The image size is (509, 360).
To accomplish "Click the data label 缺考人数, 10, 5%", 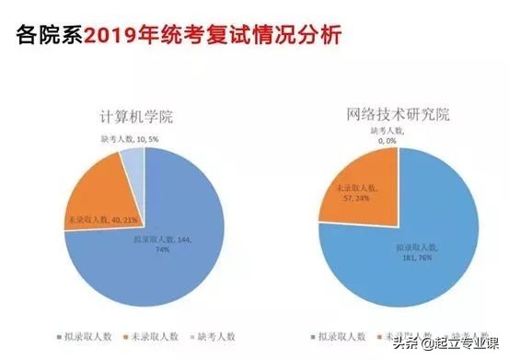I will pyautogui.click(x=128, y=139).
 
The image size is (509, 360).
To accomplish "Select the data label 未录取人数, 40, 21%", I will pyautogui.click(x=102, y=221).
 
